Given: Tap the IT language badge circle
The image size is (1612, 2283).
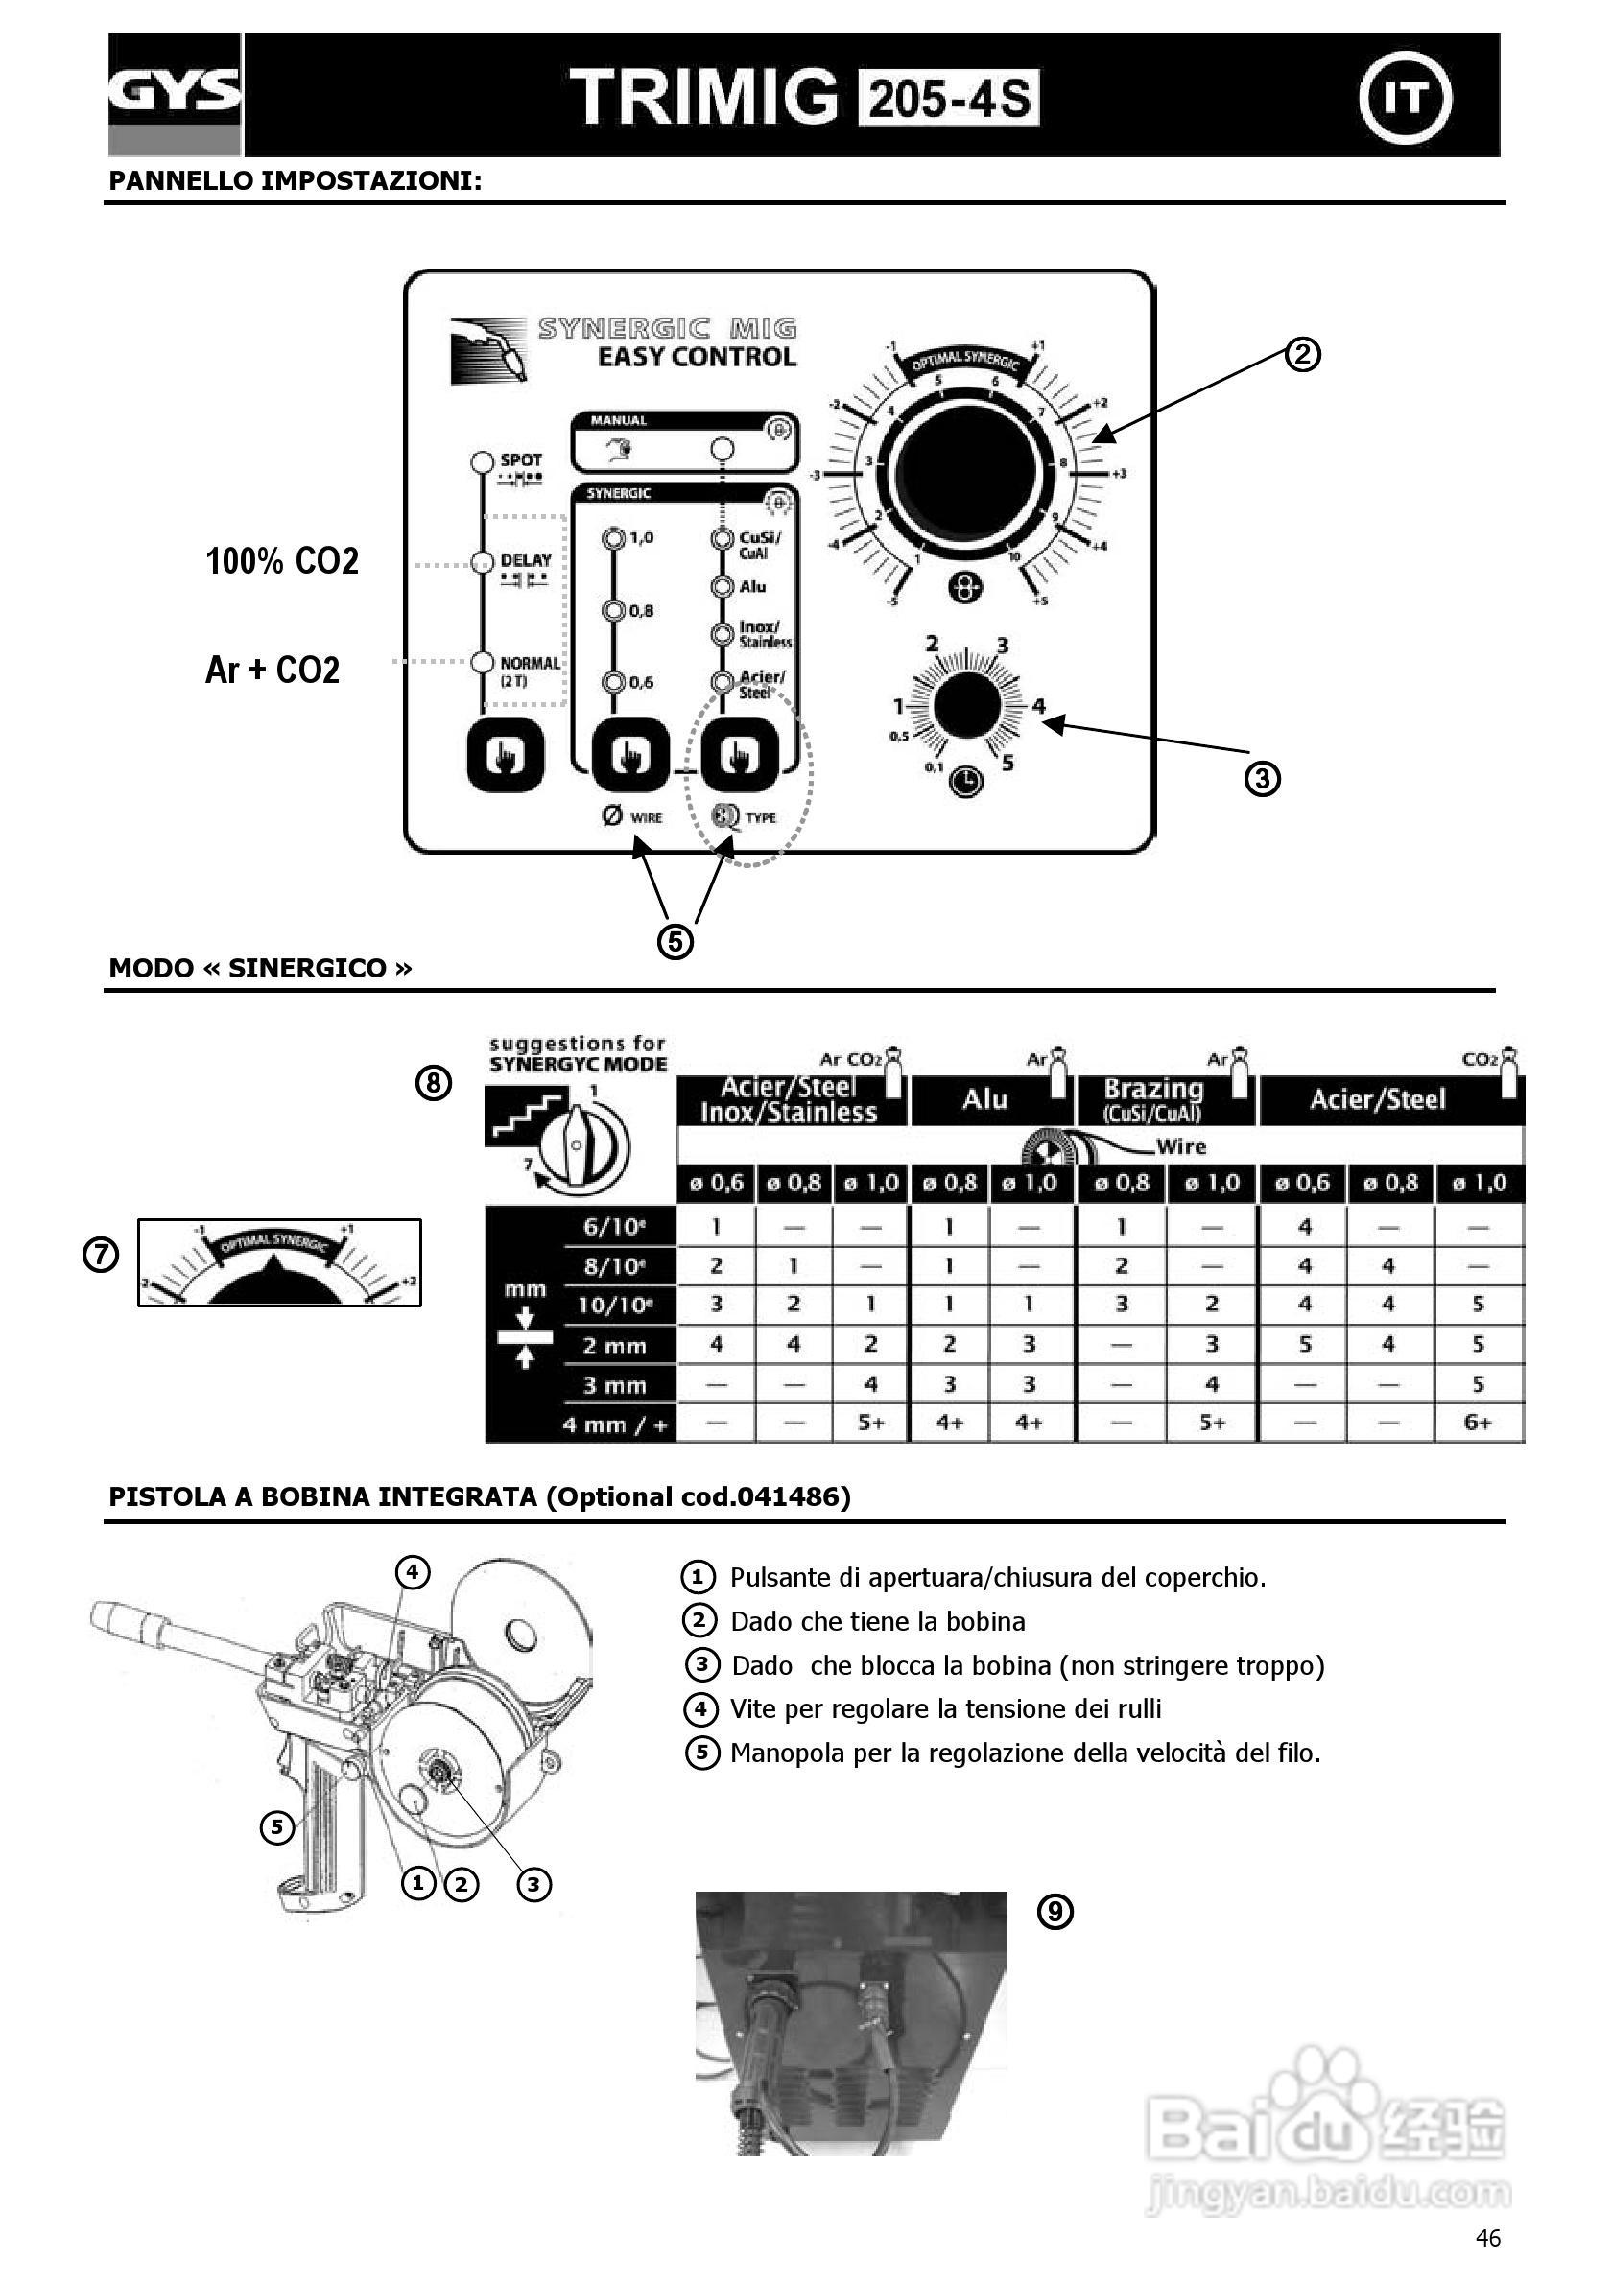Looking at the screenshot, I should tap(1405, 98).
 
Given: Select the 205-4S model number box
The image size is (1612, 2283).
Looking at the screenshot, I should tap(949, 99).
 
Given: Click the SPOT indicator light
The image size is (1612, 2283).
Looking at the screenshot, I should tap(483, 462).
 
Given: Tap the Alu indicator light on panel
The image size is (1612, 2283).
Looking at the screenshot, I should tap(722, 587).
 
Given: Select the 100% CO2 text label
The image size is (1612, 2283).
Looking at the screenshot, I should tap(282, 562).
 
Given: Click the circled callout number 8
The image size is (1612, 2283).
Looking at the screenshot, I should tap(434, 1083).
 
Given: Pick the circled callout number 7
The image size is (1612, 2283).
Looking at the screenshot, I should tap(101, 1255).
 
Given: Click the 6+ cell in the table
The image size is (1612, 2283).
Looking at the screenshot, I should tap(1478, 1423).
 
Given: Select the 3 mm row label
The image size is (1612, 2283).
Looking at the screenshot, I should tap(614, 1385).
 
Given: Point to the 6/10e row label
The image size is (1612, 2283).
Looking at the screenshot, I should tap(614, 1226).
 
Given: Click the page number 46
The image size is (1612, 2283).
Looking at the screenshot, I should tap(1487, 2237).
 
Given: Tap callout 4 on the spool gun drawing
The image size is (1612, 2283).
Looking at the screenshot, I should tap(413, 1572).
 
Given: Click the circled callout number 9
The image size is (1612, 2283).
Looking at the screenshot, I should tap(1055, 1911).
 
